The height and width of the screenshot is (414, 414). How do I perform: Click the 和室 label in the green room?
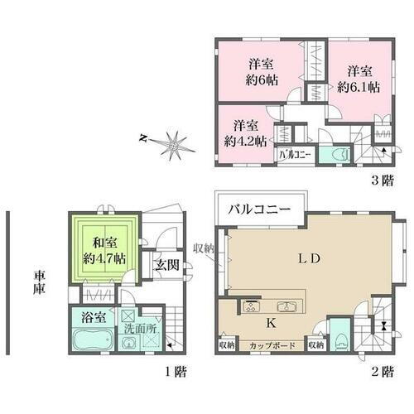pyautogui.click(x=104, y=242)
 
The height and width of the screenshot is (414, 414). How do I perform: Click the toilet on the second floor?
pyautogui.click(x=339, y=339)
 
